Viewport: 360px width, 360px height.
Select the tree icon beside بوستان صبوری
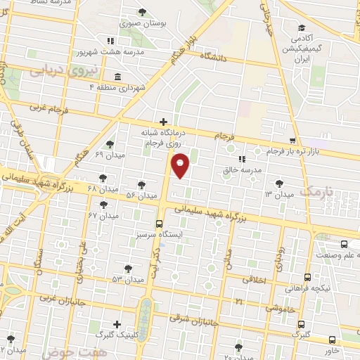click(143, 12)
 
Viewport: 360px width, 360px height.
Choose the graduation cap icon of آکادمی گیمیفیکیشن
click(302, 24)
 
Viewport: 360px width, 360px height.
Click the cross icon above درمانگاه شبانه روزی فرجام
click(163, 121)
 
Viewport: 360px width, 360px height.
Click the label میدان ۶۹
click(109, 154)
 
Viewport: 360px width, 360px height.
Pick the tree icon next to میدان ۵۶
click(142, 184)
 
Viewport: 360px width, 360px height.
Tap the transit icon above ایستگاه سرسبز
click(159, 221)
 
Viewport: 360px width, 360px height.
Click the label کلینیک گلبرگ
click(116, 334)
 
